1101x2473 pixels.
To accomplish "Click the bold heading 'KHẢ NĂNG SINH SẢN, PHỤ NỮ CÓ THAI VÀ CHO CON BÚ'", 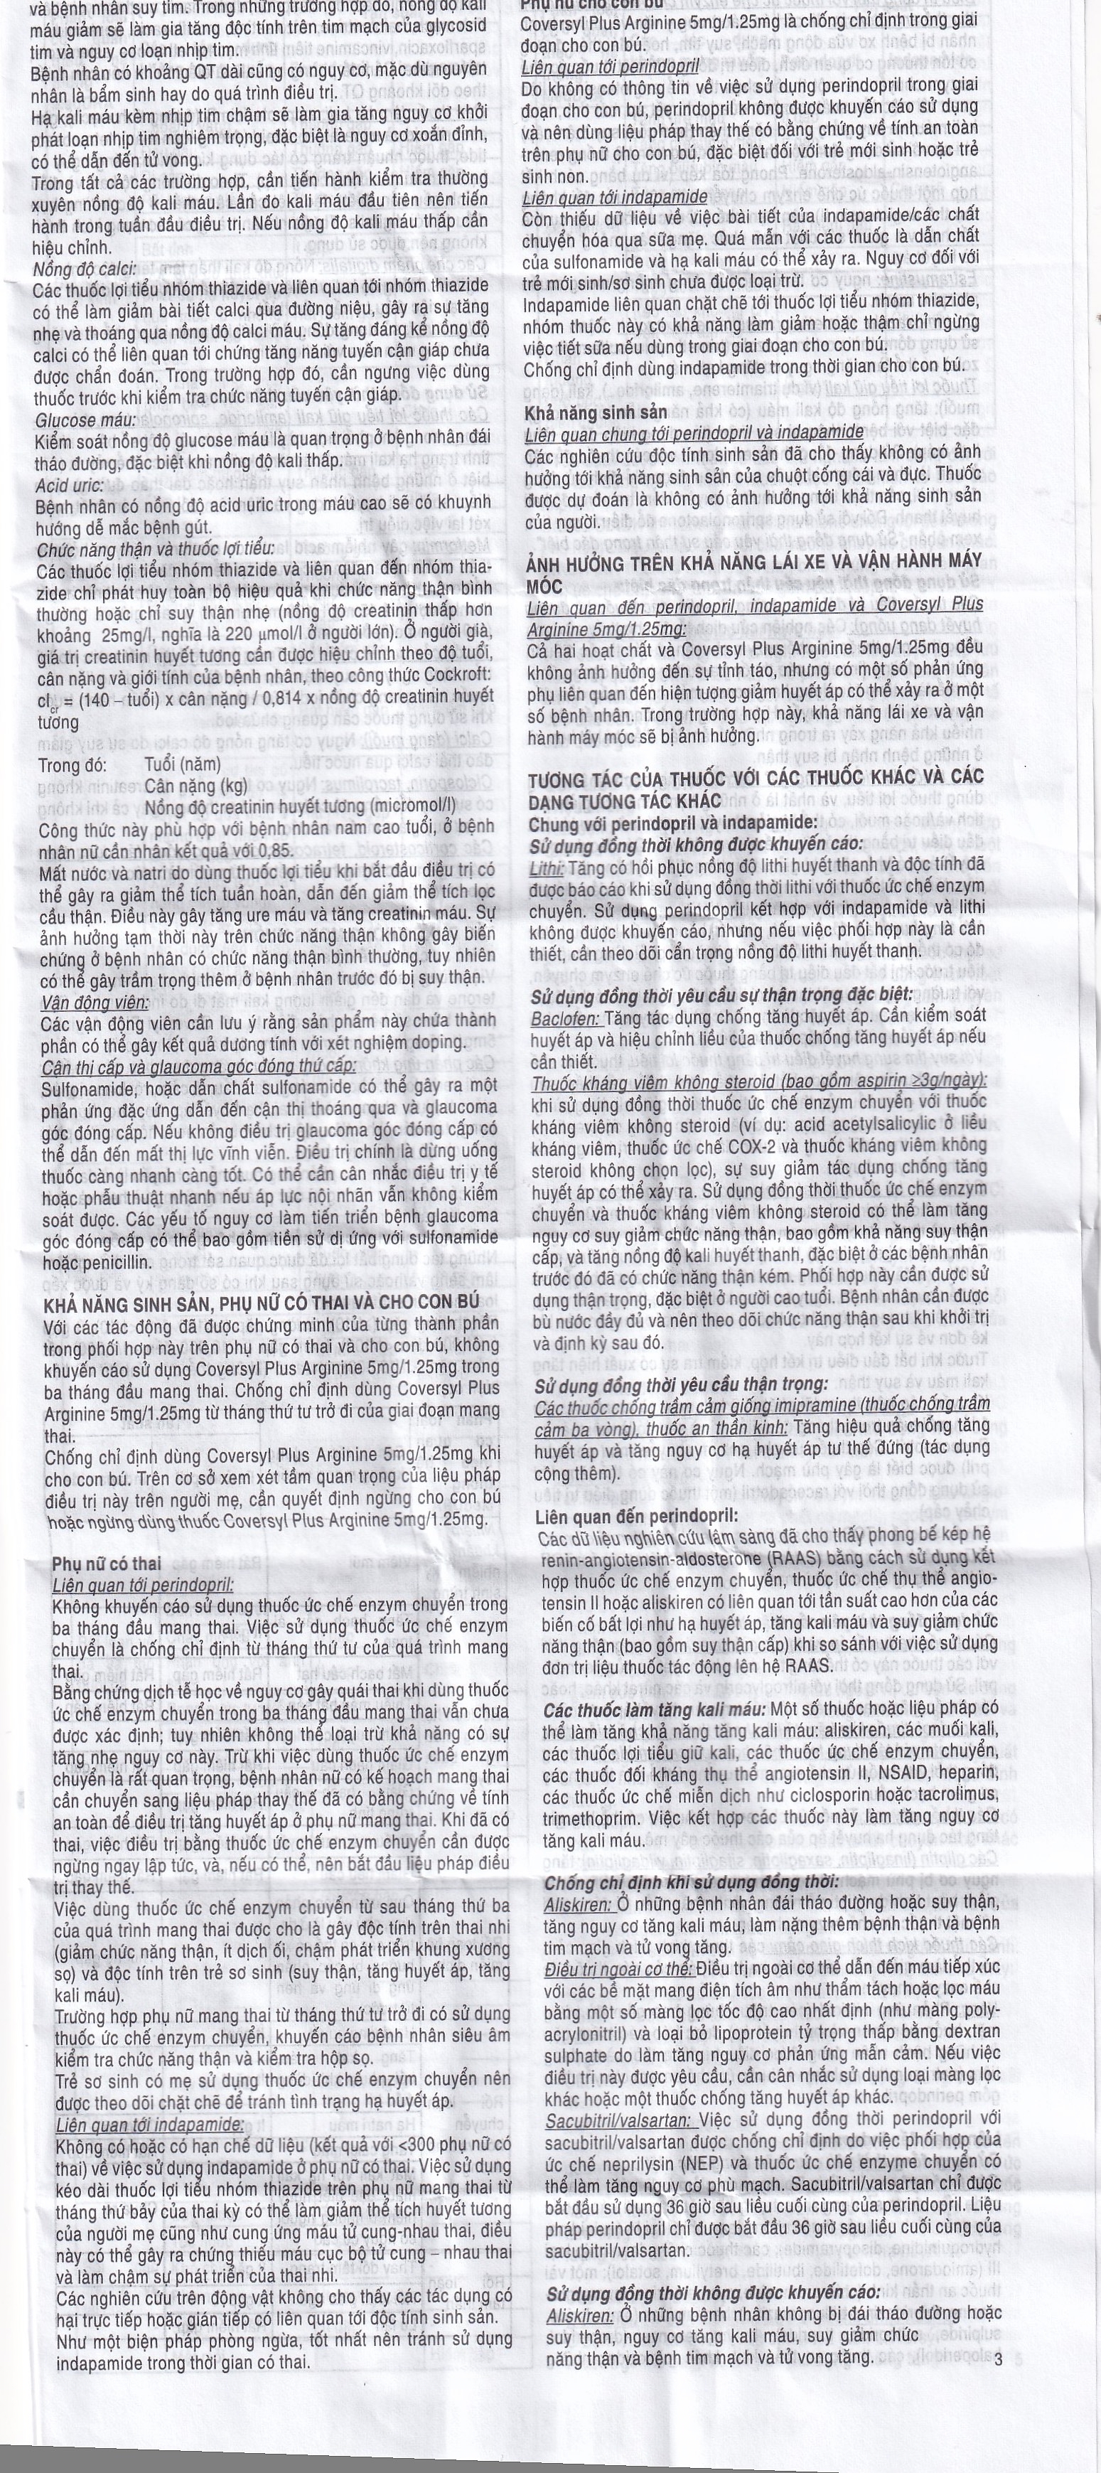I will coord(259,1303).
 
